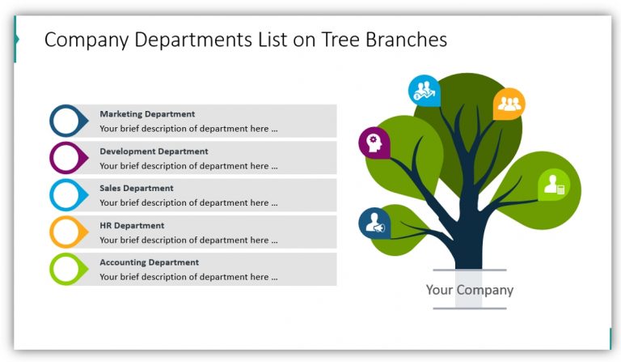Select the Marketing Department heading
tap(147, 114)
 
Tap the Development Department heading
tap(154, 151)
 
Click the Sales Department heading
tap(137, 189)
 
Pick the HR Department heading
tap(132, 226)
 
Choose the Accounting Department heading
tap(149, 262)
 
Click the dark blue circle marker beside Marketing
tap(66, 121)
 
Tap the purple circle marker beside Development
tap(66, 158)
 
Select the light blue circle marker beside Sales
tap(66, 195)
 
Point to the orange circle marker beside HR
tap(66, 232)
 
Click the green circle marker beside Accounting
tap(66, 269)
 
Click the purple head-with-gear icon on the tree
tap(374, 143)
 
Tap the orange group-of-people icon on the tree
tap(509, 104)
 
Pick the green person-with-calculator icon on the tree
tap(554, 185)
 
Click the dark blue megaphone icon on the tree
tap(374, 224)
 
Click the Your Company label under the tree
tap(469, 290)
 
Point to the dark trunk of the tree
tap(469, 243)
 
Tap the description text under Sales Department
tap(188, 203)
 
